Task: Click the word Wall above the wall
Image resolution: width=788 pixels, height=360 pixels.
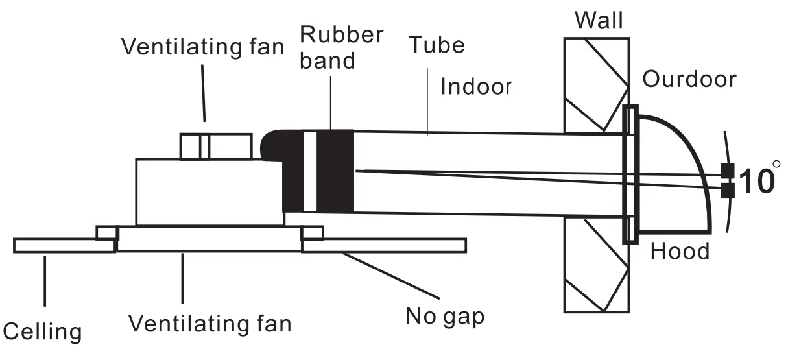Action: (599, 20)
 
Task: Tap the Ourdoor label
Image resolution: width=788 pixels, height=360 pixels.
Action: (689, 79)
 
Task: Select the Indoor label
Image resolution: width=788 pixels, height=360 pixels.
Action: (476, 86)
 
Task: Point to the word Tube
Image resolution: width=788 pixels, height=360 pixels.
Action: (436, 45)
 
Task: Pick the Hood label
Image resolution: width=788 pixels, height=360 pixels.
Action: (680, 250)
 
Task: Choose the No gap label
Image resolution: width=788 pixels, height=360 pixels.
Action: (445, 317)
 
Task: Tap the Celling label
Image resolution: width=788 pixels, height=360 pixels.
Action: (43, 331)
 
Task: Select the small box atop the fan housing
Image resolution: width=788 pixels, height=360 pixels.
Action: (215, 146)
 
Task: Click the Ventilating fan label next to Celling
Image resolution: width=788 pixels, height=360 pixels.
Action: (209, 322)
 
